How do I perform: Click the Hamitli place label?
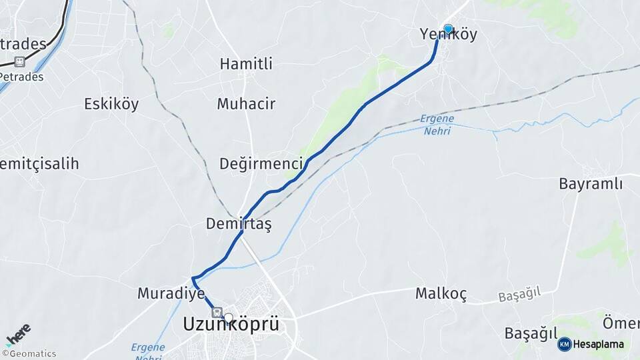pyautogui.click(x=246, y=64)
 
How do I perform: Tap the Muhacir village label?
pyautogui.click(x=246, y=104)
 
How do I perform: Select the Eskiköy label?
pyautogui.click(x=111, y=103)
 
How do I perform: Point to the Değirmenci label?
pyautogui.click(x=262, y=163)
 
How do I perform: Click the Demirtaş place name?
pyautogui.click(x=239, y=223)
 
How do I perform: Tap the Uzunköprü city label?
pyautogui.click(x=231, y=325)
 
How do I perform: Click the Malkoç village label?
pyautogui.click(x=441, y=293)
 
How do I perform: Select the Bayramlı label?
pyautogui.click(x=591, y=183)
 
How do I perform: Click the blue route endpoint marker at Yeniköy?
pyautogui.click(x=448, y=29)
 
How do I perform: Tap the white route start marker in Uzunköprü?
pyautogui.click(x=229, y=318)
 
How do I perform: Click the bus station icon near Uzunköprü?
pyautogui.click(x=216, y=312)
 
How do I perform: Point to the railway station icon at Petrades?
pyautogui.click(x=19, y=62)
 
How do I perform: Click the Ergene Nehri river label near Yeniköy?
pyautogui.click(x=437, y=125)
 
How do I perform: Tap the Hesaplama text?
pyautogui.click(x=599, y=344)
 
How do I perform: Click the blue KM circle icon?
pyautogui.click(x=565, y=344)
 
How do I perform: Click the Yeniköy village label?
pyautogui.click(x=449, y=35)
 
